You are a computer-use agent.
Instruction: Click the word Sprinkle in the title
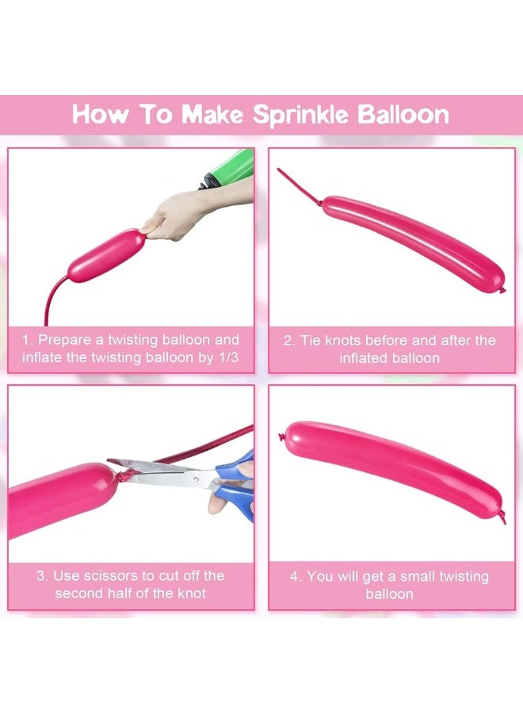pyautogui.click(x=300, y=115)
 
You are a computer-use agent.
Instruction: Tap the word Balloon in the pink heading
pyautogui.click(x=403, y=115)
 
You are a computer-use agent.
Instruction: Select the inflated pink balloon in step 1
pyautogui.click(x=106, y=256)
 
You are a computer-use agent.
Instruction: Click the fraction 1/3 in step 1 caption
pyautogui.click(x=228, y=357)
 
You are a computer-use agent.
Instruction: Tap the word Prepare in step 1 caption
pyautogui.click(x=64, y=341)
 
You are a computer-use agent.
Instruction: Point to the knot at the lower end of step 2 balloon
pyautogui.click(x=502, y=289)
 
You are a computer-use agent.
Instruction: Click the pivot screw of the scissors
pyautogui.click(x=196, y=479)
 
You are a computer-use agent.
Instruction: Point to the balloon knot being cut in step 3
pyautogui.click(x=124, y=477)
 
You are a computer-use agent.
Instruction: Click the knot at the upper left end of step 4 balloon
pyautogui.click(x=282, y=438)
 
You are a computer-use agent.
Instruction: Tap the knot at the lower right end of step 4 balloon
pyautogui.click(x=502, y=517)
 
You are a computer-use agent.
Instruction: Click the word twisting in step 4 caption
pyautogui.click(x=463, y=577)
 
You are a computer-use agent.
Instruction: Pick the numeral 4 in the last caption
pyautogui.click(x=294, y=577)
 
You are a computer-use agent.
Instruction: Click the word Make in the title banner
pyautogui.click(x=212, y=115)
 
